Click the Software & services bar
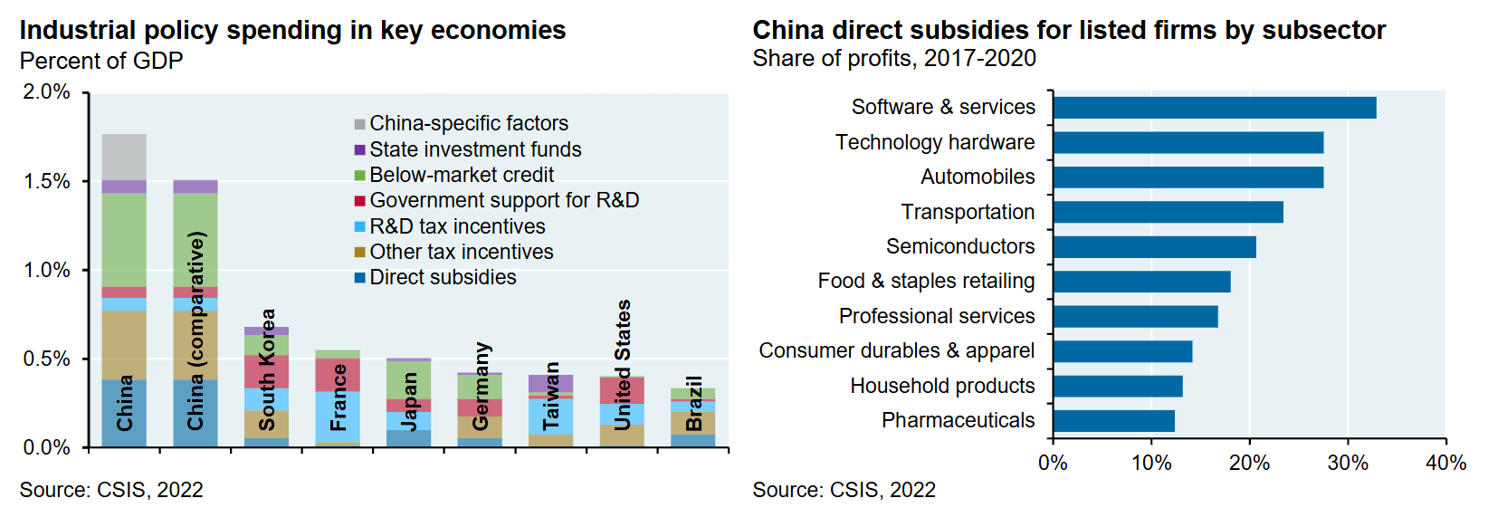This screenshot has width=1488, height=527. pyautogui.click(x=1214, y=108)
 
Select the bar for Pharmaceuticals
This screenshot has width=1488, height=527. pyautogui.click(x=1113, y=421)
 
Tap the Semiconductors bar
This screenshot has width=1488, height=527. pyautogui.click(x=1154, y=247)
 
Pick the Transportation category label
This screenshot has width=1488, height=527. pyautogui.click(x=968, y=212)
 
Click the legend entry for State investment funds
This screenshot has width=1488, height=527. pyautogui.click(x=475, y=149)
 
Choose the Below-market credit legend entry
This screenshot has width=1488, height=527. pyautogui.click(x=462, y=175)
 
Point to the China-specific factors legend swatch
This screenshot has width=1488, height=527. pyautogui.click(x=360, y=124)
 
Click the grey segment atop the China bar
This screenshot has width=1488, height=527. pyautogui.click(x=124, y=157)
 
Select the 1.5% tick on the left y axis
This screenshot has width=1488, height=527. pyautogui.click(x=47, y=181)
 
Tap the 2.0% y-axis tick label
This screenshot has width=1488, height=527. pyautogui.click(x=47, y=92)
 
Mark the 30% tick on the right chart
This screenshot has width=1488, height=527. pyautogui.click(x=1347, y=464)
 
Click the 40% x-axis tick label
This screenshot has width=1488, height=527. pyautogui.click(x=1445, y=464)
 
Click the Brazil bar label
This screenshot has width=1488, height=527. pyautogui.click(x=694, y=403)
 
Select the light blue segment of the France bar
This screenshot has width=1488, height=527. pyautogui.click(x=338, y=417)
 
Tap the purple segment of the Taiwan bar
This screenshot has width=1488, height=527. pyautogui.click(x=551, y=383)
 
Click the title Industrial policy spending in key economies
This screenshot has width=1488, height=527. pyautogui.click(x=292, y=31)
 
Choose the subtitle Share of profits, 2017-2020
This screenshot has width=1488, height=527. pyautogui.click(x=894, y=59)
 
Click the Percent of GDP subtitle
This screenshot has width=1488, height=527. pyautogui.click(x=101, y=61)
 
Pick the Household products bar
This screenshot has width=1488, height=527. pyautogui.click(x=1117, y=387)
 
